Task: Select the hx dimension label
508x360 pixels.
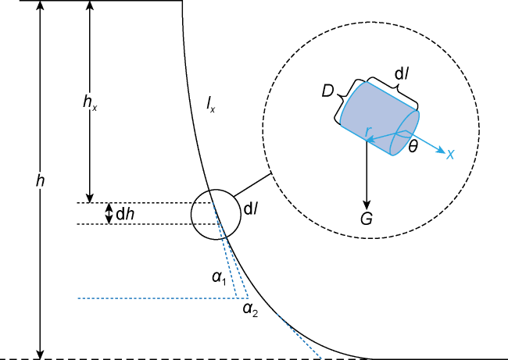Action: (x=90, y=102)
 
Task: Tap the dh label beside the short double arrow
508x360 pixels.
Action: (x=125, y=214)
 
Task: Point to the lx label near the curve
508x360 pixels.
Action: (x=210, y=104)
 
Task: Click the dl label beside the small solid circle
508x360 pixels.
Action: (x=251, y=209)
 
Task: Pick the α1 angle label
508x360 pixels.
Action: (x=219, y=278)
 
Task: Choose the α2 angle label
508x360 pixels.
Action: (x=250, y=310)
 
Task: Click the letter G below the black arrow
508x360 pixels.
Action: (x=367, y=219)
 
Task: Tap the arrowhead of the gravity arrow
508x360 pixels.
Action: (x=367, y=205)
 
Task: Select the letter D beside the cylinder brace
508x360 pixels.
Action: (x=327, y=91)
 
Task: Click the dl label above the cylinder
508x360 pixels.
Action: (x=400, y=75)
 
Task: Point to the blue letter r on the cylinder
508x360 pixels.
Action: (x=367, y=131)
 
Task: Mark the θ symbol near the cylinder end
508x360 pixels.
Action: (x=413, y=148)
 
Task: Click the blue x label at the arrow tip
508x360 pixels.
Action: (x=450, y=155)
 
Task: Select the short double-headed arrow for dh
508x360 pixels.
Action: (x=109, y=213)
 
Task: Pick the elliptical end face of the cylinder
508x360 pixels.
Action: (x=406, y=133)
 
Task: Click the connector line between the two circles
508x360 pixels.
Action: (x=252, y=185)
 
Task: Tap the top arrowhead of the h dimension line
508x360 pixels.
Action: (x=40, y=5)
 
